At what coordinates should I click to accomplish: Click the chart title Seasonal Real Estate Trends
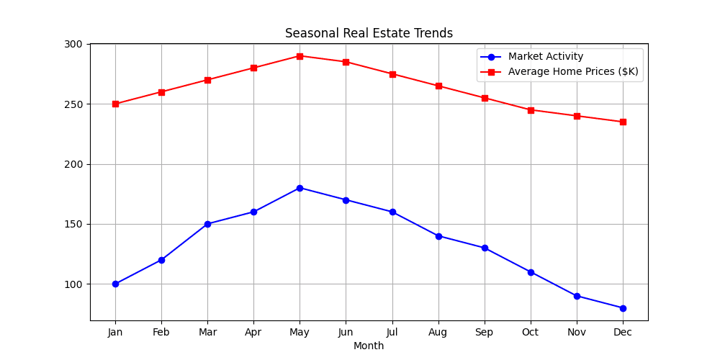tap(369, 33)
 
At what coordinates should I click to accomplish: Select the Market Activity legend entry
tap(545, 57)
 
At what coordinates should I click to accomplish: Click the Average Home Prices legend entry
tap(572, 71)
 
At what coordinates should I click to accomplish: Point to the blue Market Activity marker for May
tap(300, 188)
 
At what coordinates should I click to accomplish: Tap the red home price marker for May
tap(300, 56)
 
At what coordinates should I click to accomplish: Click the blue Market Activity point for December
tap(623, 308)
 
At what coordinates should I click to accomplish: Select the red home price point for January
tap(115, 104)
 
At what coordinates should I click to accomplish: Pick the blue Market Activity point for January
tap(115, 284)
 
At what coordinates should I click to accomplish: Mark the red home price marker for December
tap(623, 122)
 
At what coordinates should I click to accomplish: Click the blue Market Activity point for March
tap(207, 224)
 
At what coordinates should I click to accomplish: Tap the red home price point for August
tap(438, 86)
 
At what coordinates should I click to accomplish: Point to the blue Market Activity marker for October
tap(531, 272)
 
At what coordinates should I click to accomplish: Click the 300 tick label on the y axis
tap(74, 44)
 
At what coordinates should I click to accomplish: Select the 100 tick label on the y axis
tap(74, 284)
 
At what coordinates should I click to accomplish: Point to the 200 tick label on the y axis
tap(74, 164)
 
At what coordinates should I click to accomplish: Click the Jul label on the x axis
tap(392, 332)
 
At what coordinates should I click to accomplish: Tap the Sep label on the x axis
tap(485, 332)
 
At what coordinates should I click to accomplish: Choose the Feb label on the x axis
tap(161, 332)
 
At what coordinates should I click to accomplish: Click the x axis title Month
tap(369, 346)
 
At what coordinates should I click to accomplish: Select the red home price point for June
tap(346, 62)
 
